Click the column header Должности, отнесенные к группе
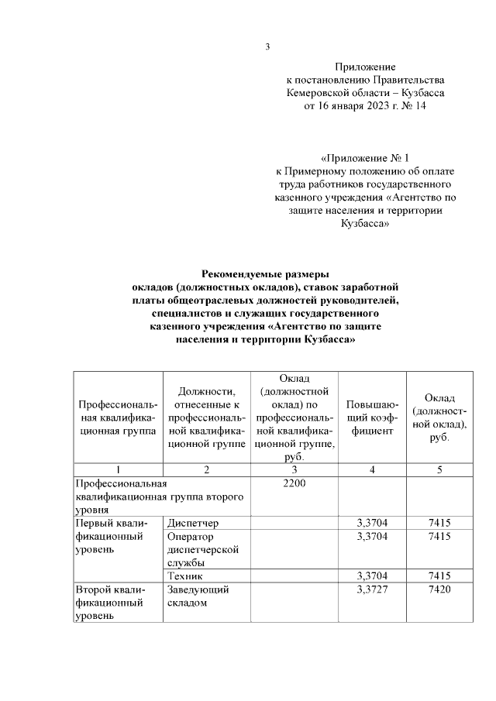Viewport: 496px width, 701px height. pos(206,419)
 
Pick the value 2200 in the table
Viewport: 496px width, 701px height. pos(294,483)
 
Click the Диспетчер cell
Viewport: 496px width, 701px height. pos(194,524)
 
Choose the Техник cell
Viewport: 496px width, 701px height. pos(185,576)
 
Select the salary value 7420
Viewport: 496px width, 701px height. pos(439,590)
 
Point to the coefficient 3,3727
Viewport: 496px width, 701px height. pos(371,590)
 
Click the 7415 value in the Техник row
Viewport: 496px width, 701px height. pos(439,576)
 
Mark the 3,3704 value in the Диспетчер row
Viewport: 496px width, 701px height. pos(371,524)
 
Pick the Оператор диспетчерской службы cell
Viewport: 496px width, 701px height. pos(204,549)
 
